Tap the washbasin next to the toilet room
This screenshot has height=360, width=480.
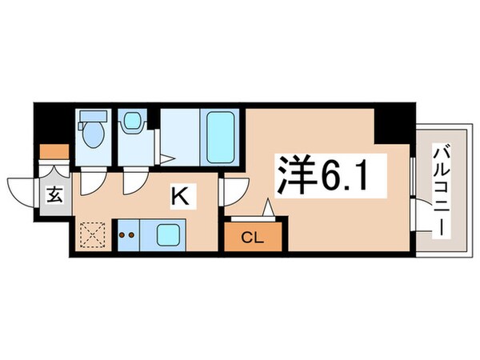pos(130,123)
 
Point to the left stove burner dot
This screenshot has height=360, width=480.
pos(122,235)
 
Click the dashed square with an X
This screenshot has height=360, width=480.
pos(93,235)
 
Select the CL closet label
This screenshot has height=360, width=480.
pos(252,237)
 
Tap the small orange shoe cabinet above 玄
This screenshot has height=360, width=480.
pos(54,150)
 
